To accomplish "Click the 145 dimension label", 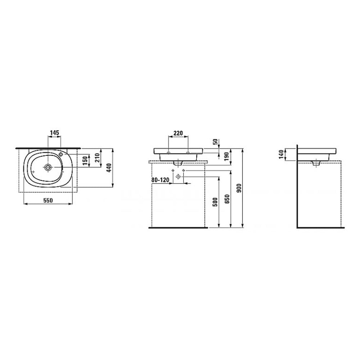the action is pyautogui.click(x=55, y=133).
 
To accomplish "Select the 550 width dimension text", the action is pyautogui.click(x=48, y=201).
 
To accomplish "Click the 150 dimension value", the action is pyautogui.click(x=85, y=161).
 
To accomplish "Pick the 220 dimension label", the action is pyautogui.click(x=178, y=133).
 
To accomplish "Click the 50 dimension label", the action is pyautogui.click(x=216, y=142).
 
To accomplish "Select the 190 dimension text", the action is pyautogui.click(x=227, y=156).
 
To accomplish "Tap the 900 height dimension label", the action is pyautogui.click(x=239, y=188).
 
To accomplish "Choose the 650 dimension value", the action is pyautogui.click(x=227, y=199).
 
